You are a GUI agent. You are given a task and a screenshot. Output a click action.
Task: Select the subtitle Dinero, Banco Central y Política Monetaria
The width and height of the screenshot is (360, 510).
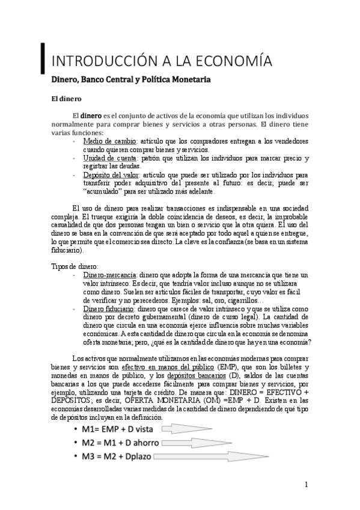tap(130, 79)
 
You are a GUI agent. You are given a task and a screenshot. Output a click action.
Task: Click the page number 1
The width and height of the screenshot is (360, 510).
tap(307, 484)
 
